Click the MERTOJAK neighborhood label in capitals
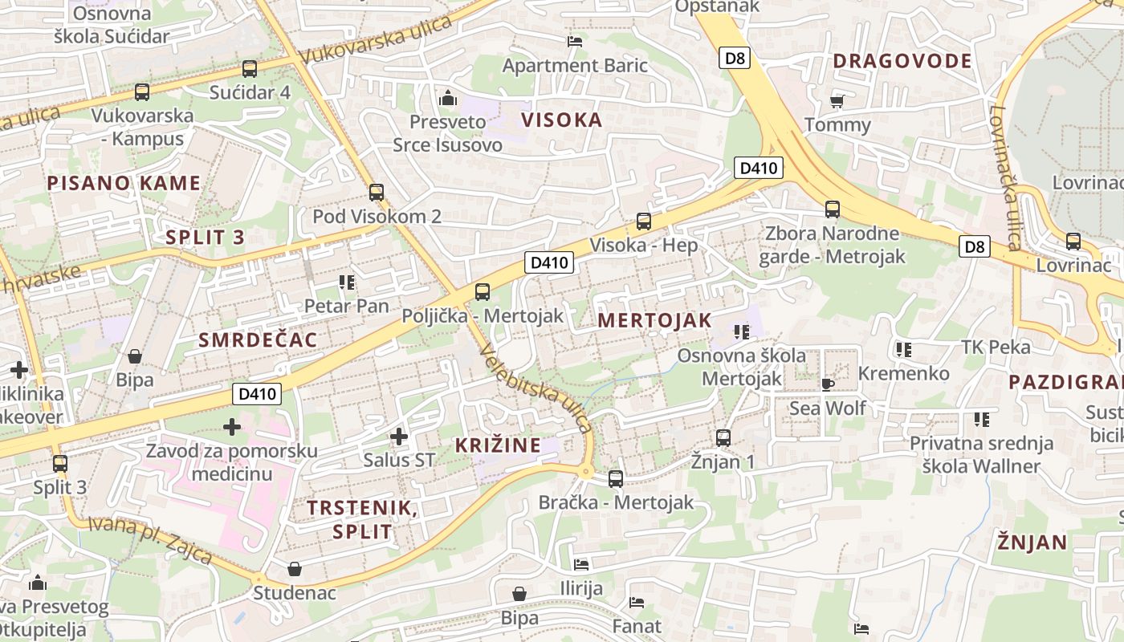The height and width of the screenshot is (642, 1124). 654,320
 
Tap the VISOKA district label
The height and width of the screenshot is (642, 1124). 561,120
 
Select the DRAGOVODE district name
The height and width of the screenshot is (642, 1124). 902,61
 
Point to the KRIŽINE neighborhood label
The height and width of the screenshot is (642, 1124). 497,445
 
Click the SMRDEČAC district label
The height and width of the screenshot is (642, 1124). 258,339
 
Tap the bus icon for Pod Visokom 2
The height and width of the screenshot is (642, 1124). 376,193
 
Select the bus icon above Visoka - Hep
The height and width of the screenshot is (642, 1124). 643,221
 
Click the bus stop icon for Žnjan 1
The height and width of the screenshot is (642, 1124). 723,438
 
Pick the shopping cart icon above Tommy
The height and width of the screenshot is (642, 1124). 837,101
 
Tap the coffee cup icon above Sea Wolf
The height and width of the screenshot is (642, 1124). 827,384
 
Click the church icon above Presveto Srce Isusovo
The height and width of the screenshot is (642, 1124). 447,99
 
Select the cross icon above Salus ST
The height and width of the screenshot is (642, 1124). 398,437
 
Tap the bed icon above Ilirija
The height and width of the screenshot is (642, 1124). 580,565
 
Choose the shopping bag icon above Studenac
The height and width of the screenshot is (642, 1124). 295,569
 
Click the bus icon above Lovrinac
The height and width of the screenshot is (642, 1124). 1073,242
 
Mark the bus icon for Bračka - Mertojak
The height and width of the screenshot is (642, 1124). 615,479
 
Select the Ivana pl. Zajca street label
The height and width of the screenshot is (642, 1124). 150,539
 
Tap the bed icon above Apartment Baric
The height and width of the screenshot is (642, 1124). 574,42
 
